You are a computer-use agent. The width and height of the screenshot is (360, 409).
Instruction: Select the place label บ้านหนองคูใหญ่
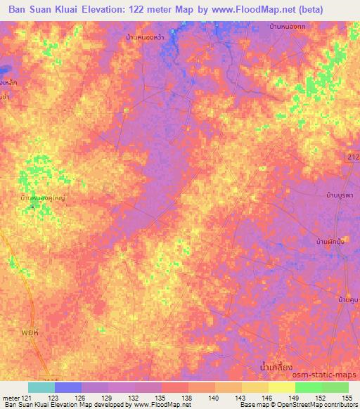[42, 199]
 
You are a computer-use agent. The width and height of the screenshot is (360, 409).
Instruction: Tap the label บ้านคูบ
[347, 300]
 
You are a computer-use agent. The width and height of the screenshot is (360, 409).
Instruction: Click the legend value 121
[27, 397]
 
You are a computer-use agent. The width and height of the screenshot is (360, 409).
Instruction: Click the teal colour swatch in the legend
[41, 387]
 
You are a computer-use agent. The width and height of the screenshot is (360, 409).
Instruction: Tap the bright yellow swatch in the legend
[281, 387]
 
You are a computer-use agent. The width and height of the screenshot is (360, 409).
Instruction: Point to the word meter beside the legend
[11, 397]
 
